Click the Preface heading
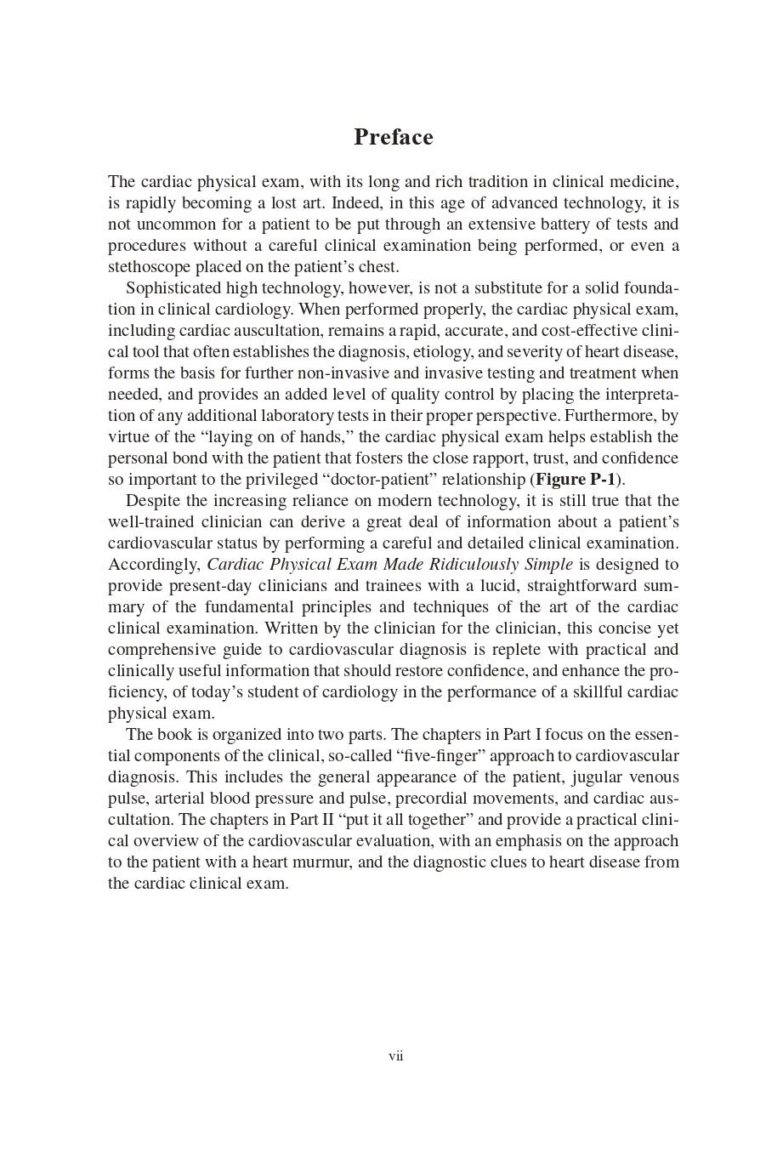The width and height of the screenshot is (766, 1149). tap(393, 138)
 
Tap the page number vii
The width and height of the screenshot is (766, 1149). tap(395, 1056)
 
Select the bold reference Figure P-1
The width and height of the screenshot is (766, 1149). tap(575, 480)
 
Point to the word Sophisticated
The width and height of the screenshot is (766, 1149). tap(173, 288)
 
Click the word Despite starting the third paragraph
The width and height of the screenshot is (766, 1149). tap(154, 501)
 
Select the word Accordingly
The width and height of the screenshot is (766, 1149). tap(154, 565)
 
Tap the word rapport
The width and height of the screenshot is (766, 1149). tap(485, 458)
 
